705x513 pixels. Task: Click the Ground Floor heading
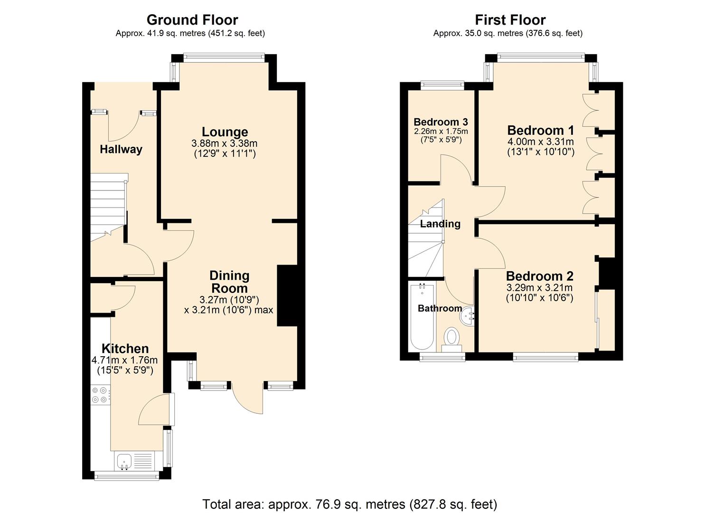tap(192, 20)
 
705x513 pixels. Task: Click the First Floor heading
tap(510, 20)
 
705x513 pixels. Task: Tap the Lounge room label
tap(225, 132)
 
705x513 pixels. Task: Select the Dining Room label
tap(229, 282)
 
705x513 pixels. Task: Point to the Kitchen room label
tap(125, 349)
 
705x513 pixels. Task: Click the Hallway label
tap(121, 150)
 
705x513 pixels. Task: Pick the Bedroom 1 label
tap(540, 131)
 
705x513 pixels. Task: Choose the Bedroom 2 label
tap(539, 276)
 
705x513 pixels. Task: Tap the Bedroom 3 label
tap(441, 122)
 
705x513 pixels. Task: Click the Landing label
tap(440, 224)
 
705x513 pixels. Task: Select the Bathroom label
tap(440, 308)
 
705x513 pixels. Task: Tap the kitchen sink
tap(125, 461)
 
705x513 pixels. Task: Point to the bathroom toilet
tap(451, 339)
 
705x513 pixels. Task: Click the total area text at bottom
tap(349, 504)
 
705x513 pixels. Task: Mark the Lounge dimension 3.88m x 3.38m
tap(225, 143)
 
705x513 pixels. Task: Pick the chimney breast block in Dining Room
tap(287, 295)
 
